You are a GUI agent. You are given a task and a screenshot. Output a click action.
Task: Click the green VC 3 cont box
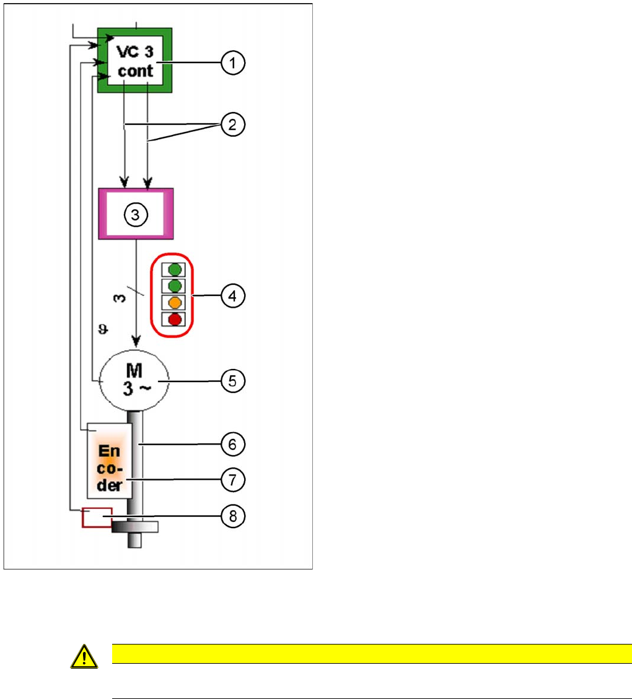(135, 61)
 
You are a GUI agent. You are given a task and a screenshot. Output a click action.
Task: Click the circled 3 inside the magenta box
(135, 214)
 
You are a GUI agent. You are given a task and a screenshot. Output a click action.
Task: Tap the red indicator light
(174, 319)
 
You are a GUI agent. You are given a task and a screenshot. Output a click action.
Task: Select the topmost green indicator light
(174, 270)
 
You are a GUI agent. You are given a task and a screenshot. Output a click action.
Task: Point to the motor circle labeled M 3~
(135, 380)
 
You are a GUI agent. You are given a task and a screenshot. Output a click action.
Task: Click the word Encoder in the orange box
(110, 461)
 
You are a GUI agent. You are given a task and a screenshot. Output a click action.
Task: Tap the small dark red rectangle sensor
(97, 517)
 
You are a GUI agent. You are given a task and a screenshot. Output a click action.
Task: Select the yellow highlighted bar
(371, 653)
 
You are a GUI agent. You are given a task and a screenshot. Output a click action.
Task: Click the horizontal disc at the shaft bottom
(135, 527)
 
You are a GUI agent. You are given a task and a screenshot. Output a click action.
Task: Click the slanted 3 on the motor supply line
(120, 297)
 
